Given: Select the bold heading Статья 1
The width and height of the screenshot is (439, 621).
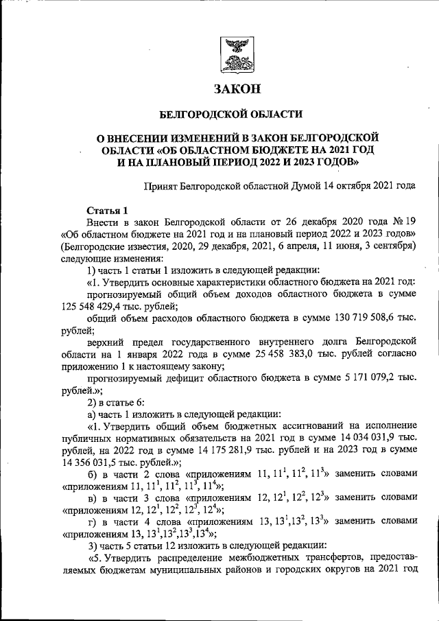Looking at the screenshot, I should click(106, 210).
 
